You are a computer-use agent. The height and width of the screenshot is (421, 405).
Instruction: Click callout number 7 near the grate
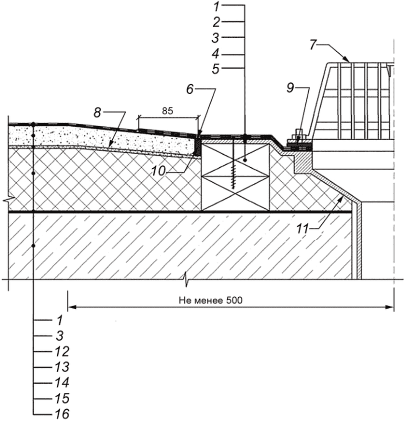coord(312,44)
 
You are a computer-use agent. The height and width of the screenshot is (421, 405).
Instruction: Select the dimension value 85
coord(167,111)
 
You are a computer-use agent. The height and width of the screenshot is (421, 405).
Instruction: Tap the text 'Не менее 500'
coord(211,300)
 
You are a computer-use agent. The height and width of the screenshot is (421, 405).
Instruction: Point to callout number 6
coord(190,89)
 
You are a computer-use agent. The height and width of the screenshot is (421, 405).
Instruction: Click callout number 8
coord(97,113)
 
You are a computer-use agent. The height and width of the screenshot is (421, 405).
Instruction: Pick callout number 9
coord(290,88)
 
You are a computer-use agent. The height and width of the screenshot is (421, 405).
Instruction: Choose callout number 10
coord(158,171)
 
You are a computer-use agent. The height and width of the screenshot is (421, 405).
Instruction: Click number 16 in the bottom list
coord(62,413)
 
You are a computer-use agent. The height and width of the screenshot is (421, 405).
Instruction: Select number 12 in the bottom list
coord(62,351)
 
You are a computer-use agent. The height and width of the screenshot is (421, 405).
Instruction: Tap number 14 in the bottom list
coord(62,382)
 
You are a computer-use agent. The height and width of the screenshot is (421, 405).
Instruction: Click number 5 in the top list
coord(216,69)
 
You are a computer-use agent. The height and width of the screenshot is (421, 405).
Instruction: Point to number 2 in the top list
coord(216,22)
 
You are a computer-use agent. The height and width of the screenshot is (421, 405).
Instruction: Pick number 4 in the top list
coord(216,54)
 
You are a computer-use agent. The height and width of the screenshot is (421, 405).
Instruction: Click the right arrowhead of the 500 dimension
coord(389,307)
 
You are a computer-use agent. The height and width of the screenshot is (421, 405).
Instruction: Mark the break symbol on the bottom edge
coord(186,279)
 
